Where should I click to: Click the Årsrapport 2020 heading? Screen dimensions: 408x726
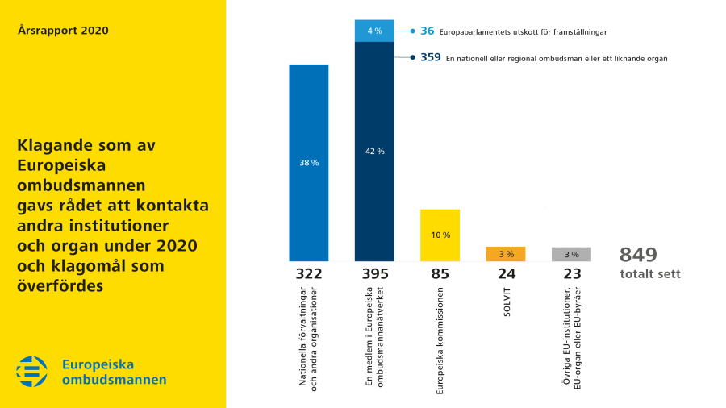63,31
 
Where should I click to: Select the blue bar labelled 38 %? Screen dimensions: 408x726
309,163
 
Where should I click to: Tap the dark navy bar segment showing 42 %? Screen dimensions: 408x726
374,152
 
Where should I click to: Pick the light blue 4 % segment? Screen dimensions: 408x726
374,31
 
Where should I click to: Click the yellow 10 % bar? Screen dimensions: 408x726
440,235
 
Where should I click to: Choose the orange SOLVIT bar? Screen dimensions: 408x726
506,254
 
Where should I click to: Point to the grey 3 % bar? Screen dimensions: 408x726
572,254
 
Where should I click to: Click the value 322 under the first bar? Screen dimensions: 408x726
309,274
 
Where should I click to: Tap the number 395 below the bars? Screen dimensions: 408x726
374,274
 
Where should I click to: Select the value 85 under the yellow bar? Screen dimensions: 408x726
440,274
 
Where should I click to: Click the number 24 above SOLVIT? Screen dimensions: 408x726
507,274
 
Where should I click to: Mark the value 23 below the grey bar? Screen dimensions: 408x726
572,274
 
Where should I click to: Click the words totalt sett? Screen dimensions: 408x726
650,274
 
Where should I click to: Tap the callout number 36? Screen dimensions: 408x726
428,31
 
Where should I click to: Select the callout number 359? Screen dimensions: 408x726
431,57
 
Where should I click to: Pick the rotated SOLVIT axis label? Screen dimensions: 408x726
507,300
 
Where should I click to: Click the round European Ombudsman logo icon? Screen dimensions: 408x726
32,372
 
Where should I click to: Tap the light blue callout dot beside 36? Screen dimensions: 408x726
412,31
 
